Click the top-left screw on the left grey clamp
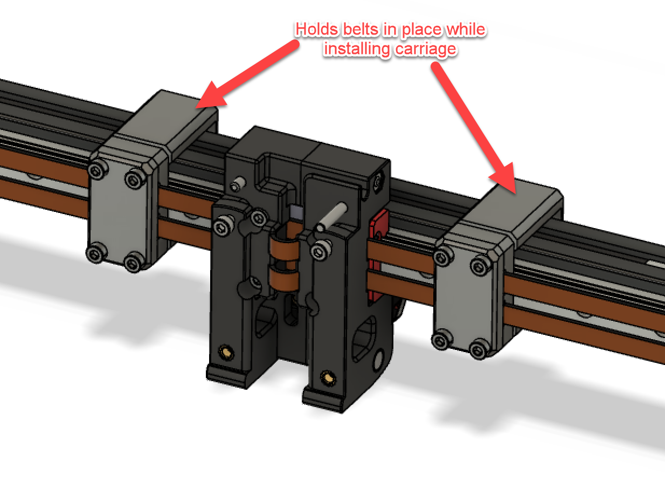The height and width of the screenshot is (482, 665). [97, 172]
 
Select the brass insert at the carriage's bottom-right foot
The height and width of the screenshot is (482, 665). [325, 374]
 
